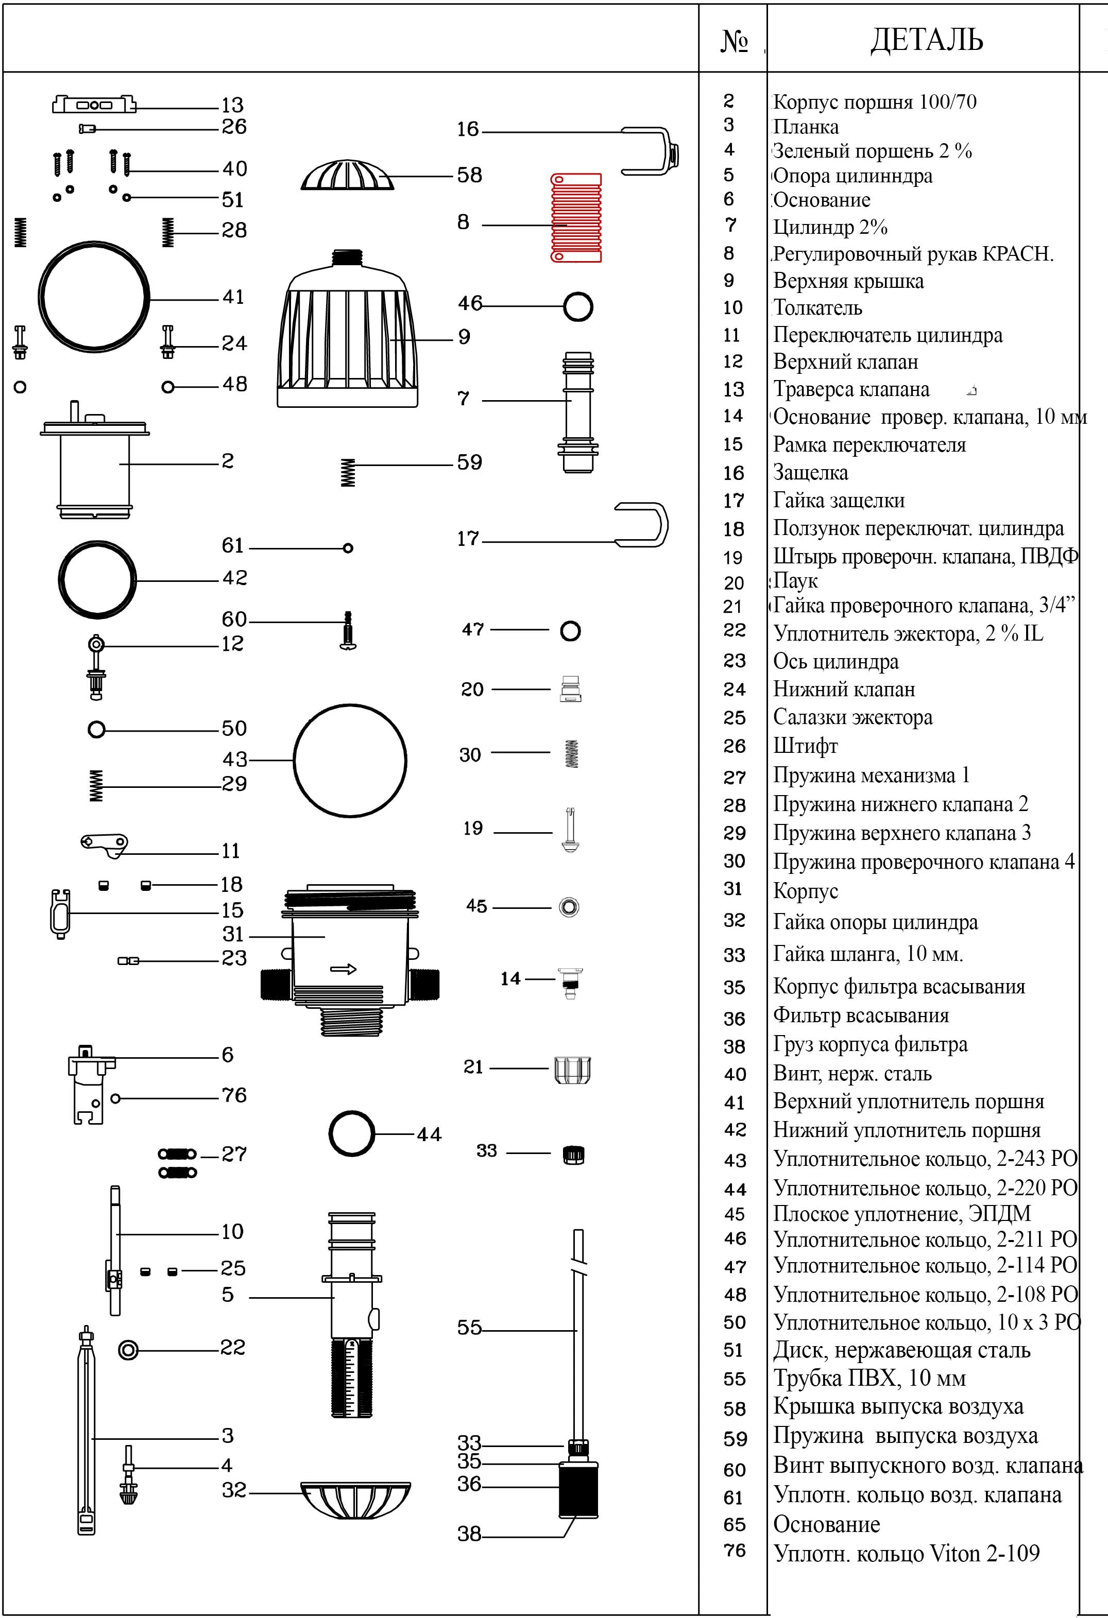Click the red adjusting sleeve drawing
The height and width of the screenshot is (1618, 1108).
click(x=576, y=218)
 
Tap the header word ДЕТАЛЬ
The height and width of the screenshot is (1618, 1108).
click(x=926, y=40)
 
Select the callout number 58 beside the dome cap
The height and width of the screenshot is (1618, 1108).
click(x=469, y=175)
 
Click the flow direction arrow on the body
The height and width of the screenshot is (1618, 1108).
click(x=344, y=969)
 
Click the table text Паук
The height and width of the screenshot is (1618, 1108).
click(x=795, y=581)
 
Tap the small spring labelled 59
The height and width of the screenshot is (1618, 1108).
click(x=348, y=473)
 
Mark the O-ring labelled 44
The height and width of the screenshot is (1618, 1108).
click(x=352, y=1134)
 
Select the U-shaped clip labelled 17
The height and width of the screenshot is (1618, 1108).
click(x=641, y=526)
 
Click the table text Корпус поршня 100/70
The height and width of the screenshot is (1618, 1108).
click(x=875, y=102)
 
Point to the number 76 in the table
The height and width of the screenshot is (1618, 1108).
click(x=735, y=1550)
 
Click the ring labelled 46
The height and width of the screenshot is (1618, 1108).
click(x=578, y=306)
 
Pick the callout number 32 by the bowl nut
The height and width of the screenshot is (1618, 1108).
click(x=234, y=1490)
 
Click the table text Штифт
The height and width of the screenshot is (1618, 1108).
click(x=805, y=746)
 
